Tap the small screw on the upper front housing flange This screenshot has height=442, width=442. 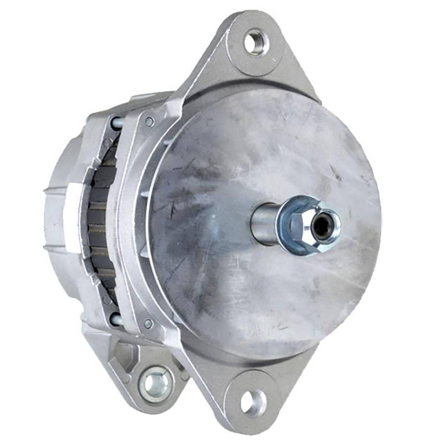click(149, 121)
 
